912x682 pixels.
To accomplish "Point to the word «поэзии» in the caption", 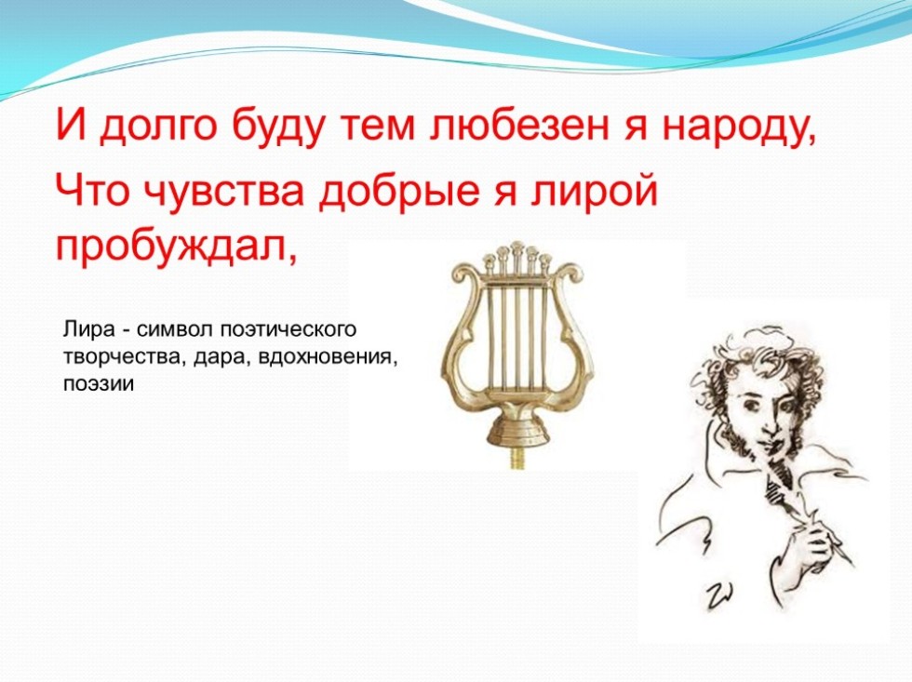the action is [x=99, y=384].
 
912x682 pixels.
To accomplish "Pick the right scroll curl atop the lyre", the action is [x=566, y=273].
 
